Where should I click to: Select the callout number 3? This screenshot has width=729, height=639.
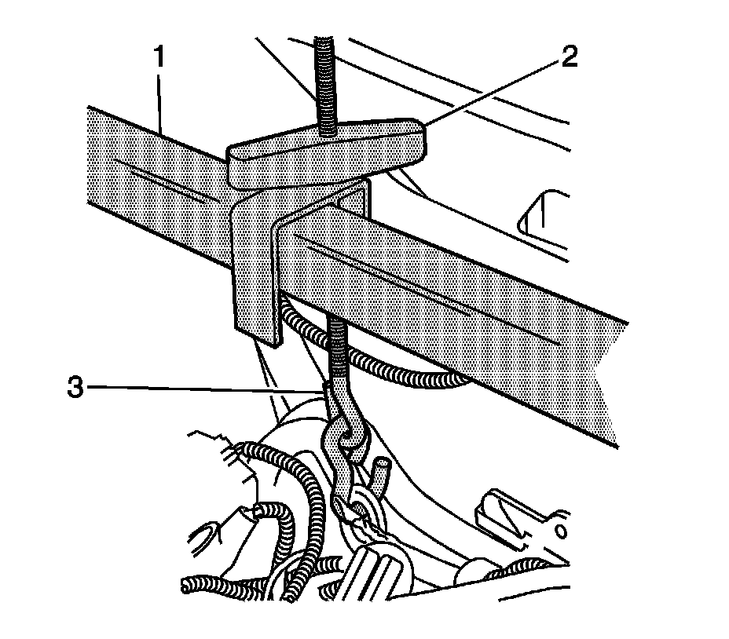75,389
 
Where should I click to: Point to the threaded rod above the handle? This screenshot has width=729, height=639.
325,79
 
